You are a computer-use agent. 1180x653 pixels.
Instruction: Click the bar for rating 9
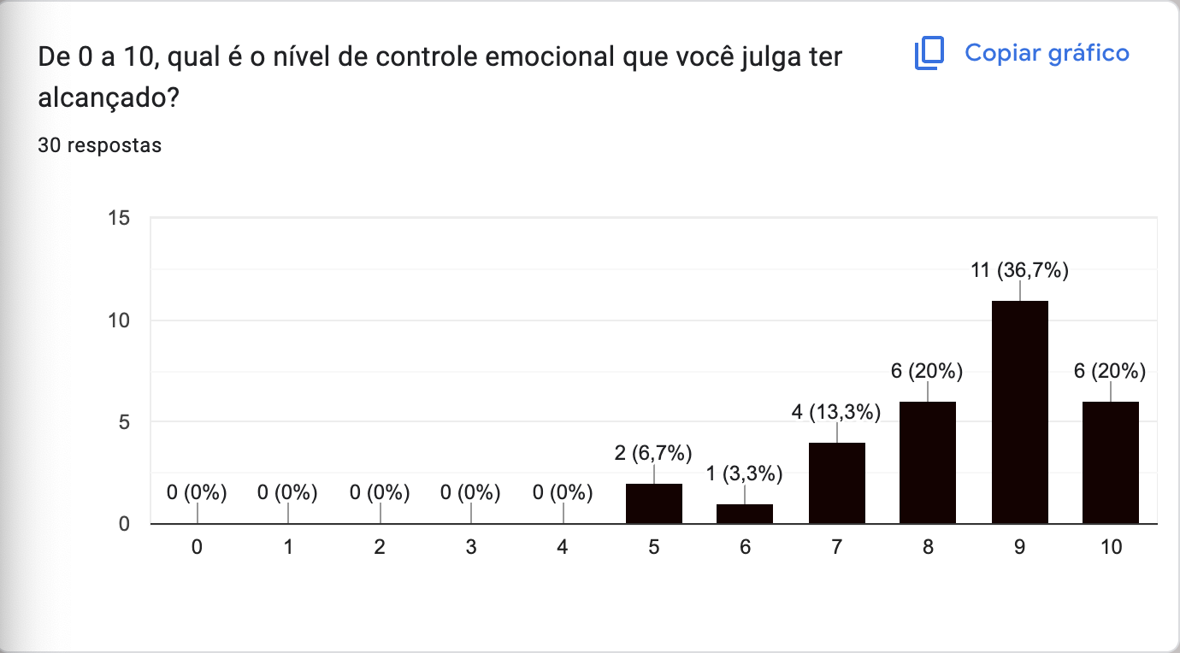(x=1019, y=412)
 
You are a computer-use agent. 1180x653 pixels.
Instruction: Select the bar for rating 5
(x=654, y=503)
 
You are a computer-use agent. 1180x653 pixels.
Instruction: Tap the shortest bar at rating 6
(x=745, y=514)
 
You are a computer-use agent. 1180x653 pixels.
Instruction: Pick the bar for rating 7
(x=837, y=483)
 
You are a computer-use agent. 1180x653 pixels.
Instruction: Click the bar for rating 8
(x=928, y=462)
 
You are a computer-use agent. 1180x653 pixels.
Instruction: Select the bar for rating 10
(x=1111, y=462)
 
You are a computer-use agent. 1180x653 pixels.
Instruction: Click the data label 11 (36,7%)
(x=1019, y=272)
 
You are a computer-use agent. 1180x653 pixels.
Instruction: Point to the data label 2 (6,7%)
(x=653, y=453)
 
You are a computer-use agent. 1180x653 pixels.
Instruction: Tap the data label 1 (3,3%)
(x=745, y=474)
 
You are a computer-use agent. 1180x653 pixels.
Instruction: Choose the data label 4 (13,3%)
(x=836, y=412)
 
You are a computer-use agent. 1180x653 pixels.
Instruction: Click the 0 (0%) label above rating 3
(x=471, y=492)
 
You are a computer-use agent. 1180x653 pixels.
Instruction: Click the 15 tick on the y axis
(x=120, y=219)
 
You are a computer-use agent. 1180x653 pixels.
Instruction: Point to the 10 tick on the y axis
(x=120, y=321)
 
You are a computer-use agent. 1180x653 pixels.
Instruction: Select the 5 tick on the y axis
(x=125, y=422)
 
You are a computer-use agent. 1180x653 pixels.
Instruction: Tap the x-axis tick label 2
(x=380, y=548)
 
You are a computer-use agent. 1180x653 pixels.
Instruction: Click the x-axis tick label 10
(x=1111, y=548)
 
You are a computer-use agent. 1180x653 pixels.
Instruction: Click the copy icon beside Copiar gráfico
(x=929, y=54)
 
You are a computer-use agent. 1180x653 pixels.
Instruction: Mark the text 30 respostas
(x=100, y=146)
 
